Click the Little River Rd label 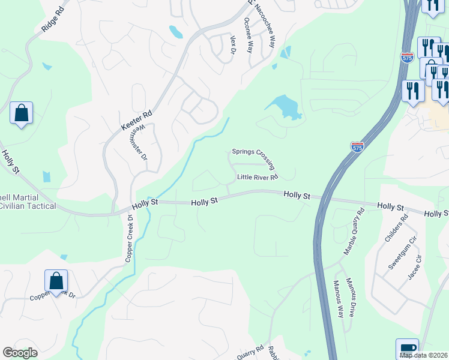click(x=258, y=177)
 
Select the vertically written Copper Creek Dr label click(x=128, y=238)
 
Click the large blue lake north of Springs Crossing click(x=283, y=107)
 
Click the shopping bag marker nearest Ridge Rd click(x=21, y=113)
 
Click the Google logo click(x=20, y=353)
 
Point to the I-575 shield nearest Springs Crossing click(x=357, y=146)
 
